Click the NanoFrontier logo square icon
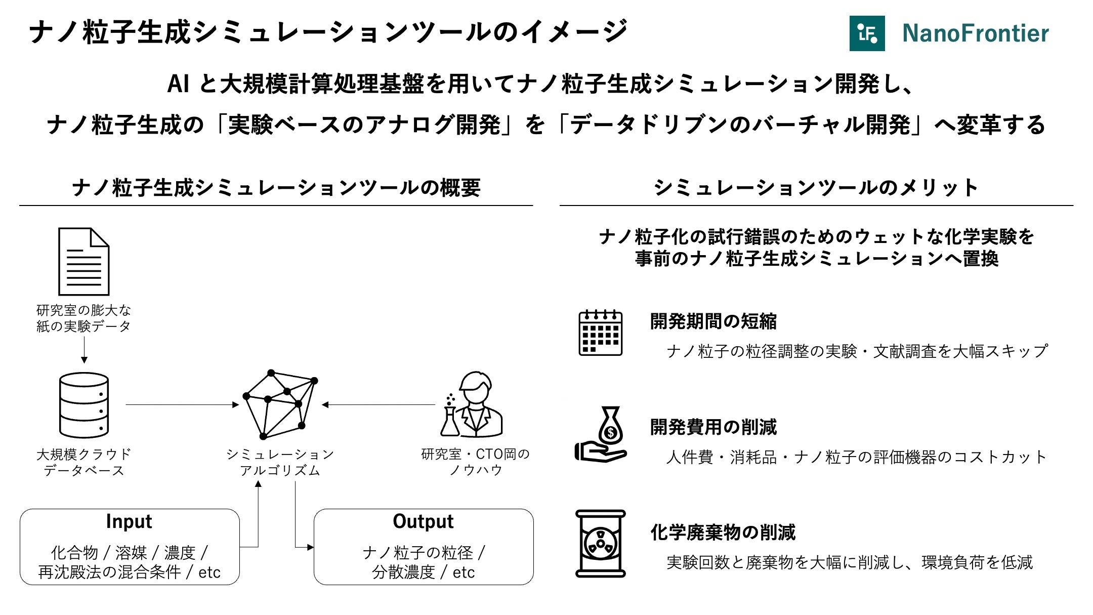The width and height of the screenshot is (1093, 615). (867, 33)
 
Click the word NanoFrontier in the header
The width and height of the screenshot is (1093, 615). (975, 33)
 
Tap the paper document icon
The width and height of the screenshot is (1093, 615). (83, 262)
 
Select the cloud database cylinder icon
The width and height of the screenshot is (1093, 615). (83, 405)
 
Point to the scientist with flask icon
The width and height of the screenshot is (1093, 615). (471, 405)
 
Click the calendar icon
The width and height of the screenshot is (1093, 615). (600, 333)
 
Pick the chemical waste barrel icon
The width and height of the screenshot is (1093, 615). (601, 544)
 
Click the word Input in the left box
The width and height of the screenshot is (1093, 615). (129, 521)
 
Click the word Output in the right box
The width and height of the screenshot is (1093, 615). (423, 521)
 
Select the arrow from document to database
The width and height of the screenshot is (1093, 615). (84, 350)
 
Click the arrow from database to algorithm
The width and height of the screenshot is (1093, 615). (182, 404)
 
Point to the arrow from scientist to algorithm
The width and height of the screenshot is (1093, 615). (379, 404)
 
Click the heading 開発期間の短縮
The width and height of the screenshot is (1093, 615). (713, 321)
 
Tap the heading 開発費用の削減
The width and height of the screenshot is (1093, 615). (713, 427)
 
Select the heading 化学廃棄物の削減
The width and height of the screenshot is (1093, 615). (723, 532)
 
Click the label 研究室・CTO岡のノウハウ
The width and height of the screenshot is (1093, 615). (475, 462)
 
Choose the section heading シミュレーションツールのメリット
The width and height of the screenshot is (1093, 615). (816, 188)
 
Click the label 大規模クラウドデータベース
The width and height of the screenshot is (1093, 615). (84, 462)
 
